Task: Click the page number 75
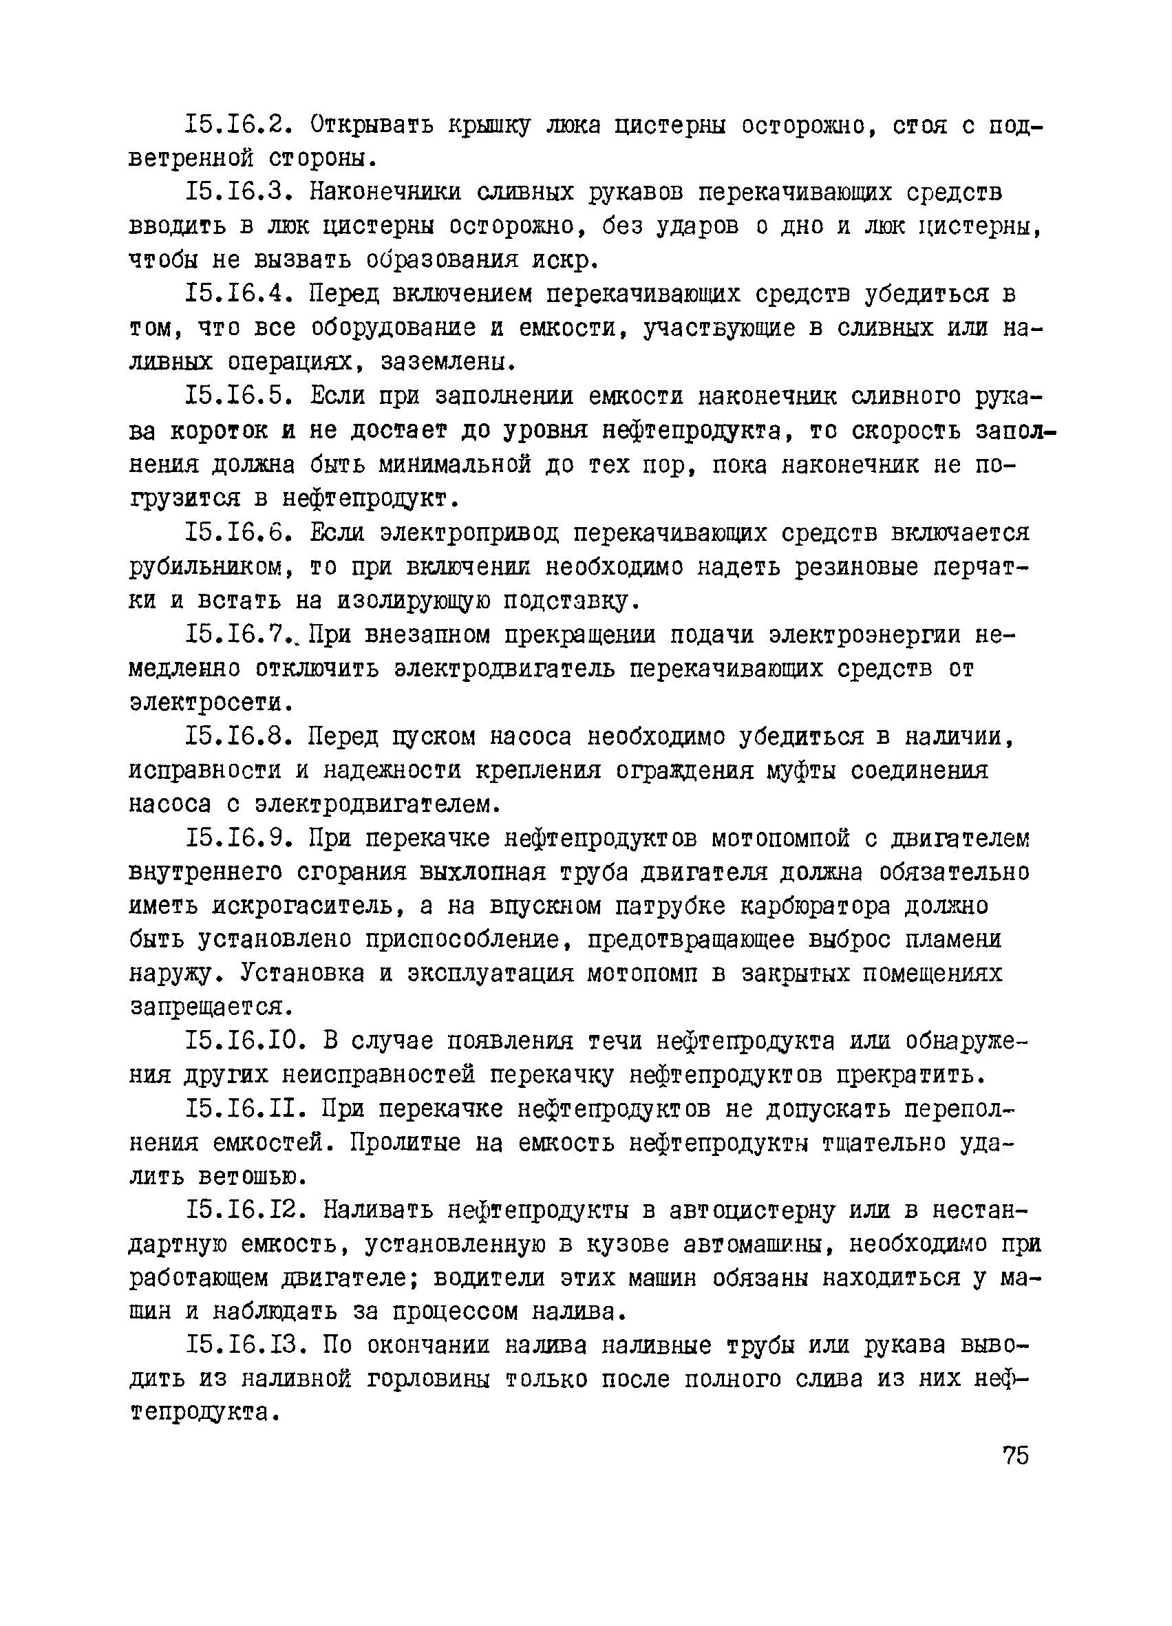1015,1455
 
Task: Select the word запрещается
202,1008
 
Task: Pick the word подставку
569,601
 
